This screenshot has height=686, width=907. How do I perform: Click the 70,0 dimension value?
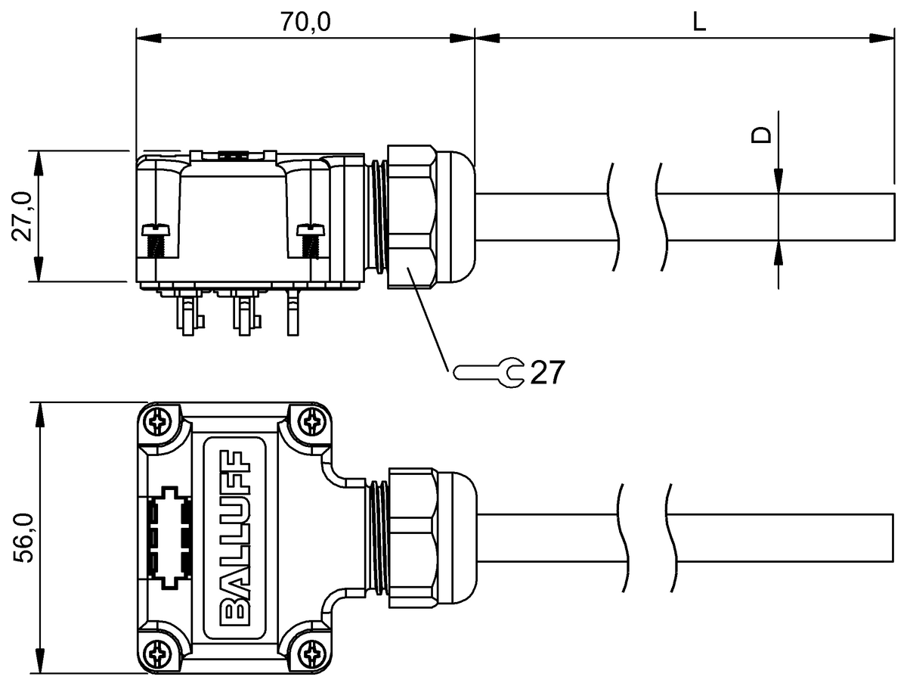click(305, 21)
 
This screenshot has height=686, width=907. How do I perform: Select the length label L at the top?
click(698, 21)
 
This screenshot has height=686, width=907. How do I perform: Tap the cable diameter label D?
click(761, 135)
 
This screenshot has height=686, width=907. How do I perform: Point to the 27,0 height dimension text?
click(22, 216)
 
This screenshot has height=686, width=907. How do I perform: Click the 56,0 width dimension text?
click(23, 538)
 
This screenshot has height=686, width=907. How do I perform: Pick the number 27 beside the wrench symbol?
click(546, 373)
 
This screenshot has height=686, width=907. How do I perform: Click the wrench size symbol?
click(489, 373)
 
